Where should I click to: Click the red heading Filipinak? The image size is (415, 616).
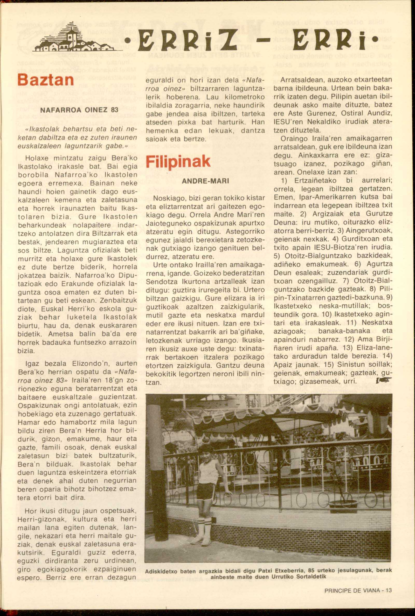[178, 162]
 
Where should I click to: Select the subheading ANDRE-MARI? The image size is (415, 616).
[205, 181]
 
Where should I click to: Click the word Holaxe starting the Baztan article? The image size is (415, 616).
[36, 158]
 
